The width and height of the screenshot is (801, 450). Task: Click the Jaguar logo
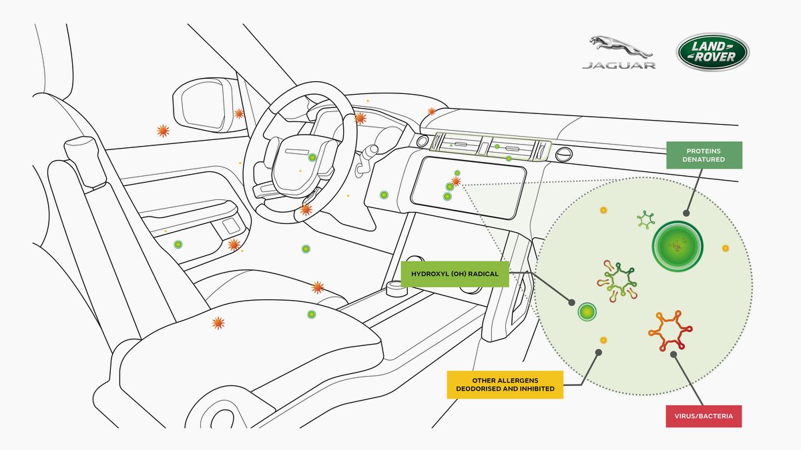click(x=619, y=52)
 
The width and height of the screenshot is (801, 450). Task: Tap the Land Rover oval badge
click(x=713, y=52)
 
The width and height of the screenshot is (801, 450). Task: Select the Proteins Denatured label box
click(x=704, y=155)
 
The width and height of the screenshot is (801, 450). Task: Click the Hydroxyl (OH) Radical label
click(x=455, y=274)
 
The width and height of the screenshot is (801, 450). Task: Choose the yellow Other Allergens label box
click(x=505, y=385)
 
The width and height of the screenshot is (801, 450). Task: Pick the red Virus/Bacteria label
click(x=704, y=416)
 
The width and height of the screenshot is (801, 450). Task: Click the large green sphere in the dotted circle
click(x=678, y=246)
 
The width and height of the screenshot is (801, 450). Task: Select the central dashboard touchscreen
click(x=469, y=187)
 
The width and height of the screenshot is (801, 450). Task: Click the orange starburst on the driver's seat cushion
click(x=218, y=323)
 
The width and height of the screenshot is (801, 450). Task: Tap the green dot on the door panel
click(x=178, y=245)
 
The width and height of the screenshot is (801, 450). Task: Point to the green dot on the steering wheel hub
click(x=312, y=157)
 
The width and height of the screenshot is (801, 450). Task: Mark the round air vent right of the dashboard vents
click(x=563, y=154)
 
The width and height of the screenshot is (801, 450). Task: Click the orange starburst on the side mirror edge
click(x=239, y=114)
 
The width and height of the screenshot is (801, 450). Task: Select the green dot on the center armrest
click(x=312, y=314)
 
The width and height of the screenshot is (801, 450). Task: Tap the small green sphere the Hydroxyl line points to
click(x=587, y=312)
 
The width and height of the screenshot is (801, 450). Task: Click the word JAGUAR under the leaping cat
click(x=619, y=65)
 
